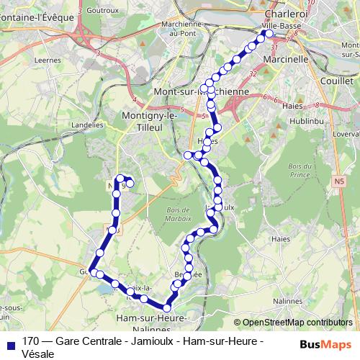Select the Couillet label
pyautogui.click(x=337, y=81)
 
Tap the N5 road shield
pyautogui.click(x=340, y=182)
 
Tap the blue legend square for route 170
pyautogui.click(x=11, y=342)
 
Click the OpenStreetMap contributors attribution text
pyautogui.click(x=297, y=322)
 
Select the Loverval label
pyautogui.click(x=347, y=134)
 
